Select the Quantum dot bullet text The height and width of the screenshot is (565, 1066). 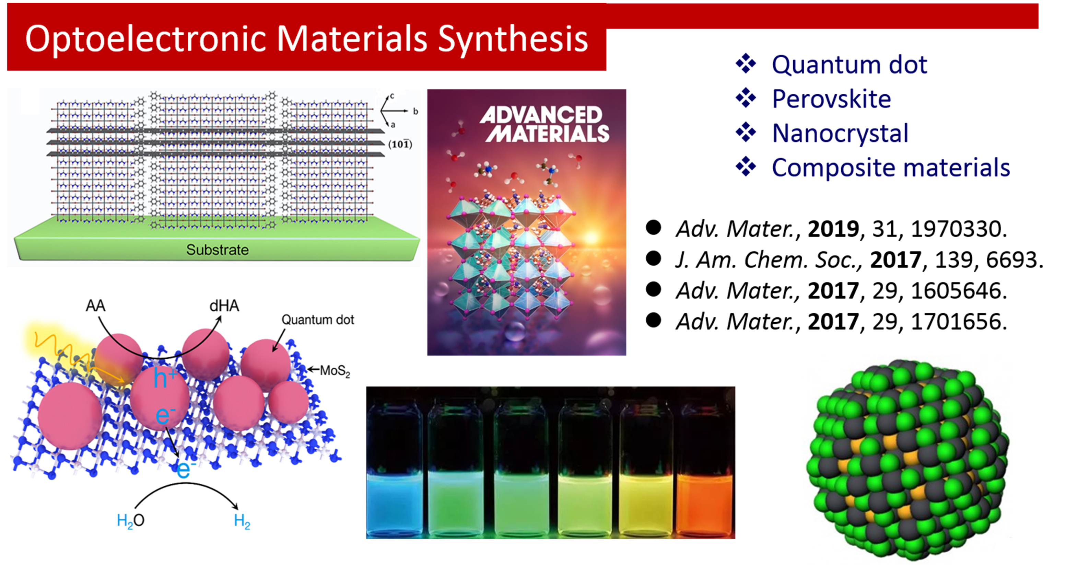coord(849,65)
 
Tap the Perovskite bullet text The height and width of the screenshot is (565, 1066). coord(831,99)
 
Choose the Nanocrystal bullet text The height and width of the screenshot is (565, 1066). coord(840,133)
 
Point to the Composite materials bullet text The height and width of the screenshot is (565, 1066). coord(891,168)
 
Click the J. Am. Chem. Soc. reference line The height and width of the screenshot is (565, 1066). coord(859,260)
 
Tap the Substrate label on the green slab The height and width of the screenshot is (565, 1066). coord(217,250)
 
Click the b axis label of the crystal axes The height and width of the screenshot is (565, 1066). coord(415,111)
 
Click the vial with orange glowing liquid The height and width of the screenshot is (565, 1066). coord(704,466)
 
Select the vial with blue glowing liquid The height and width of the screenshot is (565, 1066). coord(394,466)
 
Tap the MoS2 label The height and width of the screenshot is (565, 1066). coord(335,370)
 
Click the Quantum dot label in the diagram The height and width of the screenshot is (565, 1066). coord(318,320)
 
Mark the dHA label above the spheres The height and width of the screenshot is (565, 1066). coord(224,306)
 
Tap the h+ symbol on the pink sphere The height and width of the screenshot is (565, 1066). coord(165,378)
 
